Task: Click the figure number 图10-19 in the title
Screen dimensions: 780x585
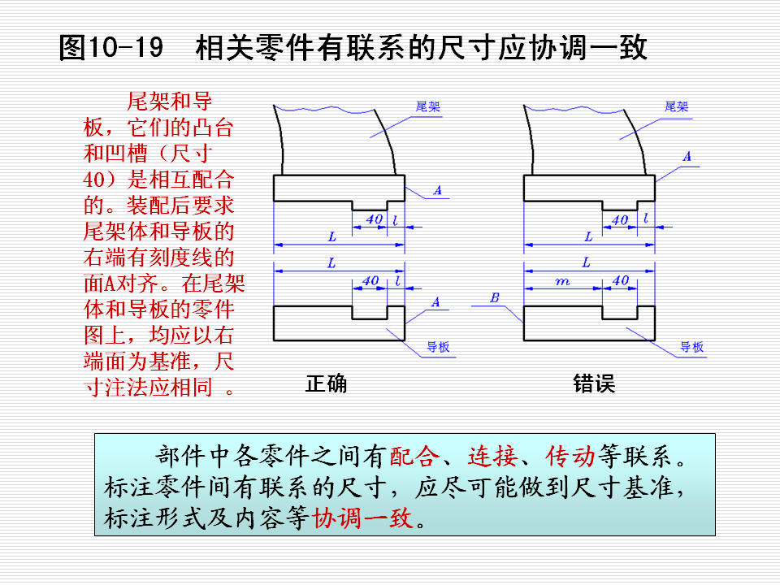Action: (x=111, y=48)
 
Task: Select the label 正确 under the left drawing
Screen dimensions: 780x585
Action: (x=327, y=383)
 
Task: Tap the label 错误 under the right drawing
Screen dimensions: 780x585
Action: (x=594, y=383)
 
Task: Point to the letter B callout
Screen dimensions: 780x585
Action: (x=495, y=298)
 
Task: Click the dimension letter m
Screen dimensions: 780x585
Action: (x=562, y=282)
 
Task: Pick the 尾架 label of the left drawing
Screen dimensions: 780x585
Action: (x=428, y=106)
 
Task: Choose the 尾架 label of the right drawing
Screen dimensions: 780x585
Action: (x=677, y=106)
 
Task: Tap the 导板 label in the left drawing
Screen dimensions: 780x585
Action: (x=438, y=347)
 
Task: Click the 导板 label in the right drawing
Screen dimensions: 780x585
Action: (x=692, y=347)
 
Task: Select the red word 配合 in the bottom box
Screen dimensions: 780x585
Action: (x=414, y=456)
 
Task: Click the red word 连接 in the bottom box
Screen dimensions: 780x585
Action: (x=492, y=456)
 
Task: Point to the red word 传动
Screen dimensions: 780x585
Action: (x=570, y=456)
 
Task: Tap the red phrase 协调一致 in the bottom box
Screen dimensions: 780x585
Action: (x=362, y=518)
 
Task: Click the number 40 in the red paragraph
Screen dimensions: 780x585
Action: (x=94, y=180)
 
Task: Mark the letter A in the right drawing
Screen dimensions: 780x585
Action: (x=687, y=156)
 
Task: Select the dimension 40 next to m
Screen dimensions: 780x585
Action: (x=620, y=280)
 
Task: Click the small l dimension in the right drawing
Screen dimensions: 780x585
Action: (x=646, y=219)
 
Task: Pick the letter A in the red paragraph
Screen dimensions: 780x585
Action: (x=110, y=284)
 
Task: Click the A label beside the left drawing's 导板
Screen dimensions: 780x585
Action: (x=435, y=302)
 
